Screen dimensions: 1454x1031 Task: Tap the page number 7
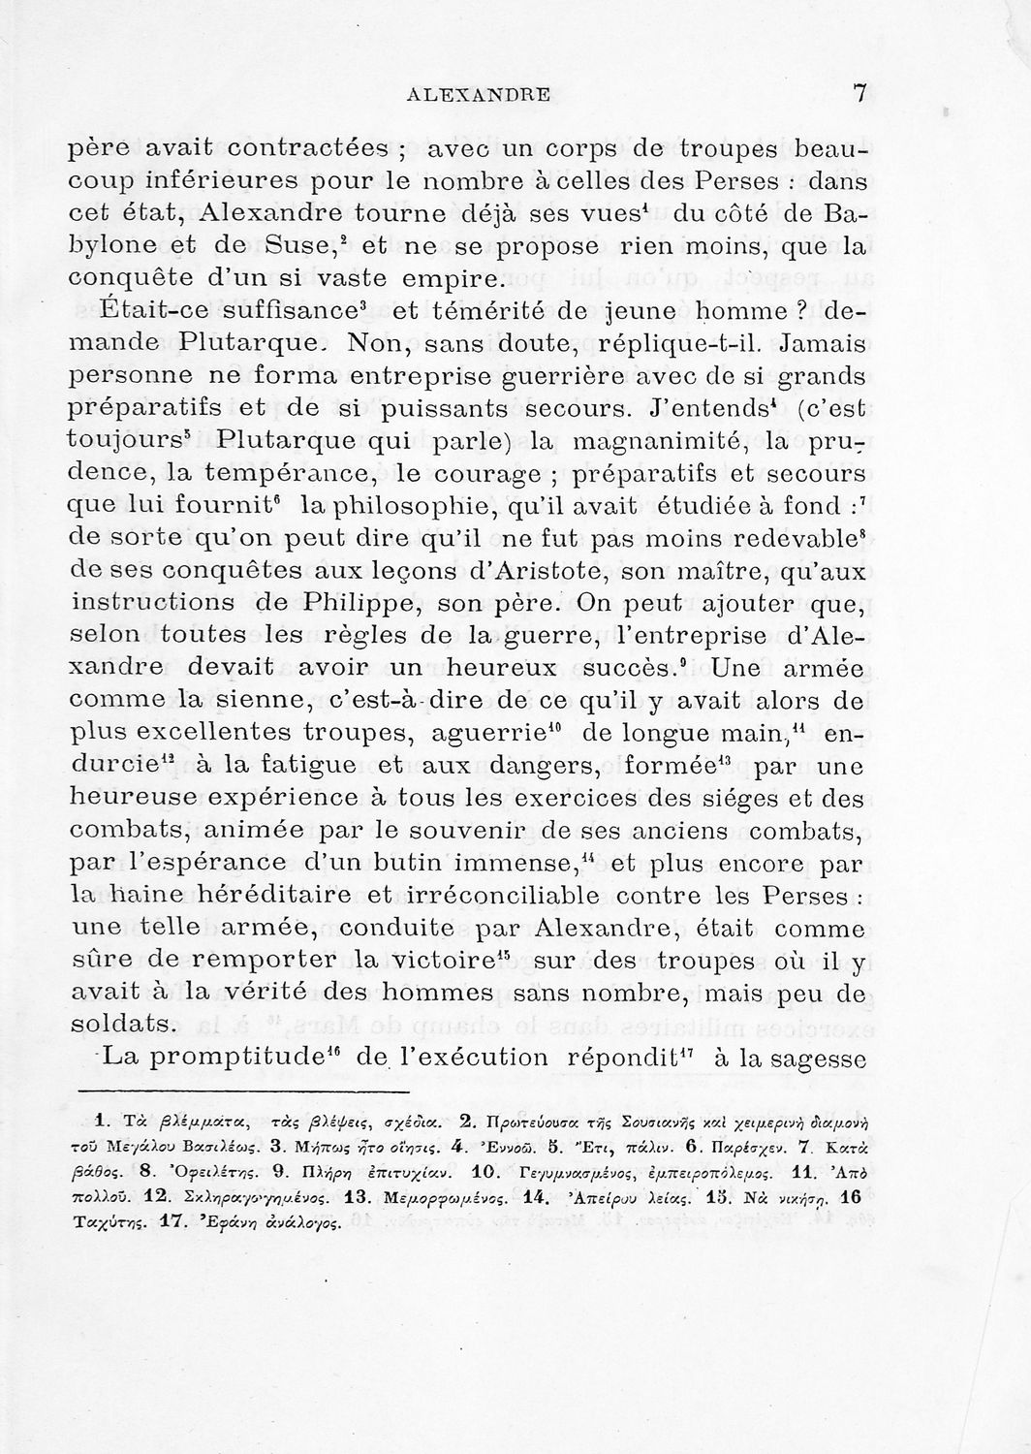coord(859,93)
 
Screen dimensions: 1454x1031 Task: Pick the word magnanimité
coord(655,443)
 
